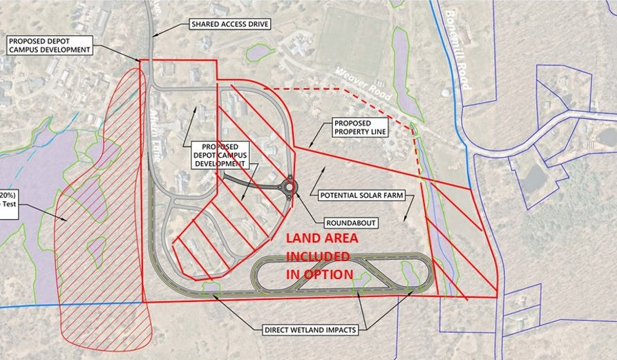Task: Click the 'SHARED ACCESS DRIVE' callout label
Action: [229, 24]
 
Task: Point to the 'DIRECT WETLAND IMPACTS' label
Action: [310, 330]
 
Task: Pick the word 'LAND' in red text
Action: [303, 238]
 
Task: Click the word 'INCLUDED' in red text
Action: [319, 256]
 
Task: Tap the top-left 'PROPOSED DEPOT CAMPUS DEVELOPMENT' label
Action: [49, 46]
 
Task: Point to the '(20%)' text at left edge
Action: [9, 195]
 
